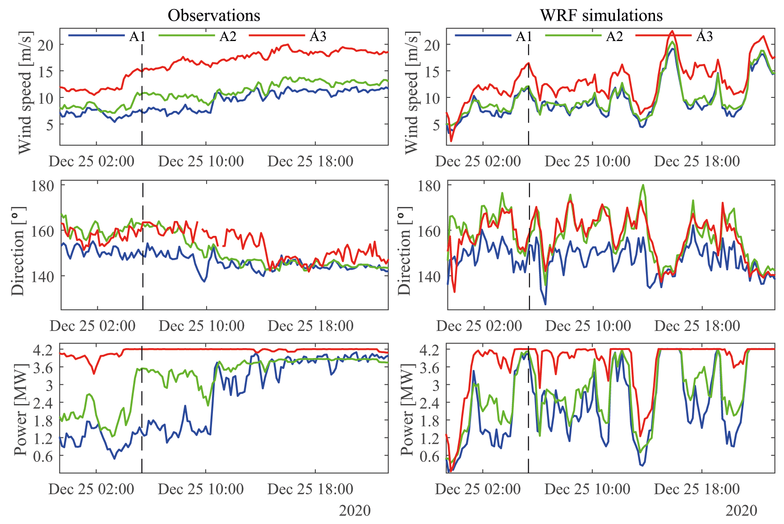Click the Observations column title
click(x=214, y=15)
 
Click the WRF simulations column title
click(x=601, y=15)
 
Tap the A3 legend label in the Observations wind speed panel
click(x=318, y=36)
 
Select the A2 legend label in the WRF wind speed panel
click(x=614, y=36)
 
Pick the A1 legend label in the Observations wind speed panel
click(x=138, y=36)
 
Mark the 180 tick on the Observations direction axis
click(x=42, y=186)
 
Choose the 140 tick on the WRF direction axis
click(x=429, y=276)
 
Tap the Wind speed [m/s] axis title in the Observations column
click(x=25, y=92)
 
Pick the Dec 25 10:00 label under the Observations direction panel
click(x=201, y=326)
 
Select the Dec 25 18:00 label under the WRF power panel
click(x=697, y=489)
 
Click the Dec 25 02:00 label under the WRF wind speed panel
click(x=478, y=161)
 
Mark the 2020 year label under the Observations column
click(x=355, y=510)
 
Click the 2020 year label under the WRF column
click(x=741, y=510)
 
